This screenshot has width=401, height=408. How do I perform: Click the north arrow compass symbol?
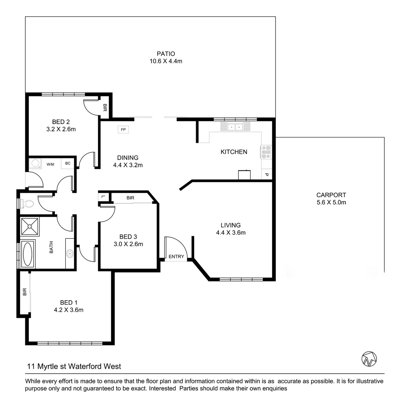[369, 359]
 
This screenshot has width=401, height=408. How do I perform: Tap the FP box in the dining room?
[123, 130]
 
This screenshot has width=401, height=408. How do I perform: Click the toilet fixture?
[27, 204]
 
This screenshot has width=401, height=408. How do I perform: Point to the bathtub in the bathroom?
[28, 254]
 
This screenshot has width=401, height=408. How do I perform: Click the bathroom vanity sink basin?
[70, 253]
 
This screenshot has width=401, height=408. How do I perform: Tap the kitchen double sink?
[235, 127]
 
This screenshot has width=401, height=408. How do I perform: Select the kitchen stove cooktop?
[266, 152]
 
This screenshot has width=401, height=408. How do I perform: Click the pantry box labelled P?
[266, 175]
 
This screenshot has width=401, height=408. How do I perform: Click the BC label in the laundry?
[68, 164]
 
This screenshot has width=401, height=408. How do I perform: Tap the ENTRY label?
[176, 257]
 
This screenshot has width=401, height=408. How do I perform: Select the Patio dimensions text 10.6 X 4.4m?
[166, 61]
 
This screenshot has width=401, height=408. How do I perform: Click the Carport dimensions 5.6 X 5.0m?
[331, 202]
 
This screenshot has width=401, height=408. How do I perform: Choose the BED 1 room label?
[69, 302]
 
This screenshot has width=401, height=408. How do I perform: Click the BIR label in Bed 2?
[105, 108]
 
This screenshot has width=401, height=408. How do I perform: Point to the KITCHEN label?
[234, 152]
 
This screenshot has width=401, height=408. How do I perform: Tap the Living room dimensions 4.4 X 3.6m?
[231, 233]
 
